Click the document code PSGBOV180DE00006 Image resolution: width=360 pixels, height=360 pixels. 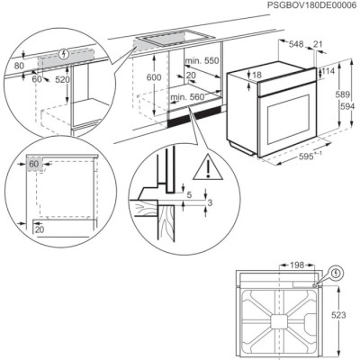point(305,6)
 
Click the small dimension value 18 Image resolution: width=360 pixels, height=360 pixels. point(256,76)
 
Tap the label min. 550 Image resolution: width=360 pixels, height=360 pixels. point(203,59)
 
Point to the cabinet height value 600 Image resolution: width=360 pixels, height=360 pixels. point(155,78)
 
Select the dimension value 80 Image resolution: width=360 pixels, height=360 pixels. point(19,65)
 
